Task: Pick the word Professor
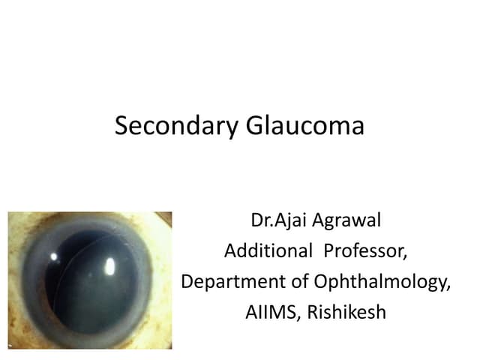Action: click(x=365, y=252)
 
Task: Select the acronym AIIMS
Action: click(x=270, y=312)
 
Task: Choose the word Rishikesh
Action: click(x=345, y=312)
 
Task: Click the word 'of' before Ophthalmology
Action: click(x=301, y=282)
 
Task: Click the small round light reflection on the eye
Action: click(x=55, y=256)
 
